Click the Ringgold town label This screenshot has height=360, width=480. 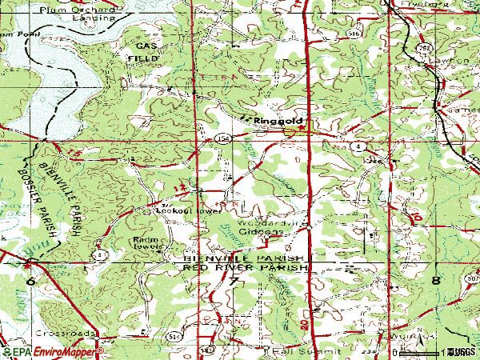(x=274, y=121)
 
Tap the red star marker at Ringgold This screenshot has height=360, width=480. (x=302, y=126)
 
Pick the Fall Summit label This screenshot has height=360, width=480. (x=297, y=350)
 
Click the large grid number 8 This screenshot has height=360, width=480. (x=437, y=281)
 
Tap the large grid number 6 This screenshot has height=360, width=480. (x=31, y=281)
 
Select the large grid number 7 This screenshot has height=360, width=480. (x=233, y=282)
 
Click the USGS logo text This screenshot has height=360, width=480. (x=461, y=352)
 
